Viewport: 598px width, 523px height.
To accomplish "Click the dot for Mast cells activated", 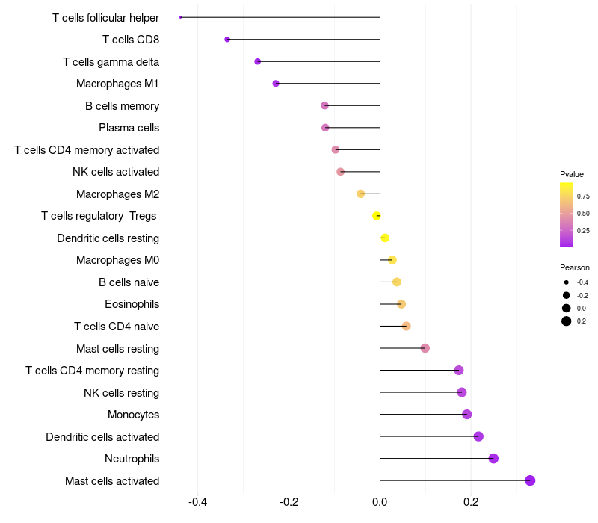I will [x=530, y=480].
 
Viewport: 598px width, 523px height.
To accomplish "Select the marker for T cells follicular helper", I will [x=181, y=17].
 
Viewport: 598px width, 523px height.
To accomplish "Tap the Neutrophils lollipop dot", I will [x=493, y=459].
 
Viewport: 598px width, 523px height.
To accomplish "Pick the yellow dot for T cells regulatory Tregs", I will [x=377, y=216].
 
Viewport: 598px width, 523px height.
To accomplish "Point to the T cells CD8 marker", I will [x=227, y=40].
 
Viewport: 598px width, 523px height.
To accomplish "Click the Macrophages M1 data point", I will [x=276, y=84].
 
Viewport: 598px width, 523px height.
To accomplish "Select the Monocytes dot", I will [x=467, y=415].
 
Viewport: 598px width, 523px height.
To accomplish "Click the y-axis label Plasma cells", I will [x=129, y=128].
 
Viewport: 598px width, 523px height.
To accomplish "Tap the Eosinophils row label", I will [x=132, y=304].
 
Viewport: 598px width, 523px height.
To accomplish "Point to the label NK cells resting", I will [x=121, y=393].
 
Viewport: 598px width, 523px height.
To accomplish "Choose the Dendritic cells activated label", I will [x=102, y=437].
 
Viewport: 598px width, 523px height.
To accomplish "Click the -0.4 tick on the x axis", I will [x=197, y=501].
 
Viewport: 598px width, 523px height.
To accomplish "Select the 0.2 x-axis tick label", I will [x=471, y=501].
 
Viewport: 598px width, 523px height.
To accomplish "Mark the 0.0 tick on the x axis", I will [x=380, y=501].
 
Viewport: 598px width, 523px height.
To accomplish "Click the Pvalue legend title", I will [x=572, y=174].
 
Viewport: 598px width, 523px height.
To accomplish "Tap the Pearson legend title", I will [x=575, y=267].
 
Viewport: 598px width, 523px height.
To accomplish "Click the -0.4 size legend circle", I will [x=567, y=282].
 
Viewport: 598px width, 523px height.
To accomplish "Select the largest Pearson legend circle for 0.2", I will [x=567, y=321].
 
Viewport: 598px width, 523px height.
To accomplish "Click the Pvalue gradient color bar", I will [x=567, y=214].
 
